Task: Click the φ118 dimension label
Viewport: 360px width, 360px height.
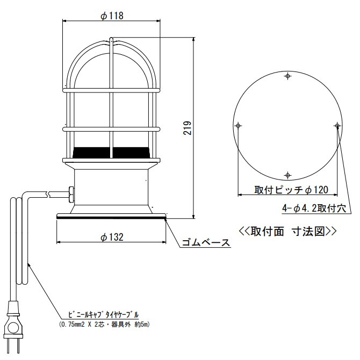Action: [x=112, y=16]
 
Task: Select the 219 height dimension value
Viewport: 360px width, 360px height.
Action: [x=188, y=128]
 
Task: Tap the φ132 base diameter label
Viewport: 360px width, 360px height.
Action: [x=112, y=237]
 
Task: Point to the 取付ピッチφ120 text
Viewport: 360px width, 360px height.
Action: [x=291, y=190]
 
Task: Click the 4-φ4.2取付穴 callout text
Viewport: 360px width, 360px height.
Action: [x=314, y=208]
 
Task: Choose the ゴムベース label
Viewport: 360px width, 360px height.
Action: [x=206, y=242]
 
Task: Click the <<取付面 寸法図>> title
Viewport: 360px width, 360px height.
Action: [x=288, y=231]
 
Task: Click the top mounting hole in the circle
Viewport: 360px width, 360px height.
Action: [x=287, y=76]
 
